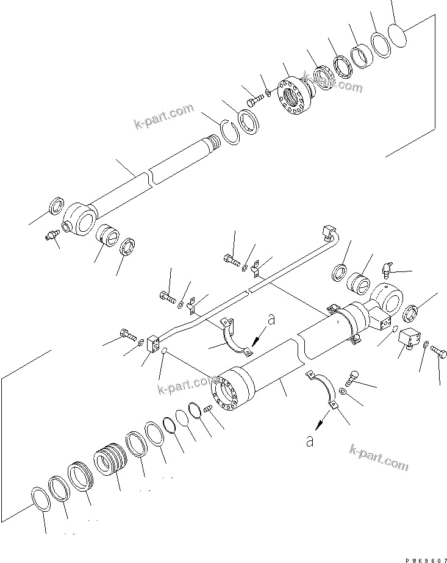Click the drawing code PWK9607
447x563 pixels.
click(x=420, y=558)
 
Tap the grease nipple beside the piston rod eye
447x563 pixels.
click(x=50, y=234)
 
